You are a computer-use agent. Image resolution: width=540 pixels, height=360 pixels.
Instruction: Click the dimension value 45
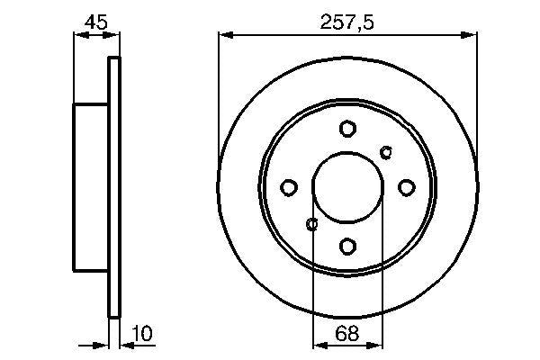pos(94,19)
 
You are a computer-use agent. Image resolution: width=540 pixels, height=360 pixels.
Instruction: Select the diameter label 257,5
pos(347,19)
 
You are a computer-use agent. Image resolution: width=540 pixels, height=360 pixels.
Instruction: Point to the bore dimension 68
pos(347,334)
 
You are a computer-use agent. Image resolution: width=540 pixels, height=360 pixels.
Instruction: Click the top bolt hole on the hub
pos(347,129)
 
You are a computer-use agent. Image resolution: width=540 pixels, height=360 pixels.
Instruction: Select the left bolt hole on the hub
pos(289,187)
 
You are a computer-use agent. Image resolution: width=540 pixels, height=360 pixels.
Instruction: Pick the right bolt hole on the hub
pos(406,187)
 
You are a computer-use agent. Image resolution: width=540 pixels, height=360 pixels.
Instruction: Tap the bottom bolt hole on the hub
pos(347,245)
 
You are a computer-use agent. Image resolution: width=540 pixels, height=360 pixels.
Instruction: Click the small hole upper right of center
pos(387,150)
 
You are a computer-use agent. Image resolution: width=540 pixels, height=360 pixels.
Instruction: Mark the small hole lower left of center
pos(312,224)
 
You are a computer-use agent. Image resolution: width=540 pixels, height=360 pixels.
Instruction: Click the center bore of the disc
pos(347,187)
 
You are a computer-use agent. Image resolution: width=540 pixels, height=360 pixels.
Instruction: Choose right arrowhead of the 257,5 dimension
pos(471,35)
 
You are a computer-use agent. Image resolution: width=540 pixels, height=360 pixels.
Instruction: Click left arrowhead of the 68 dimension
pos(318,344)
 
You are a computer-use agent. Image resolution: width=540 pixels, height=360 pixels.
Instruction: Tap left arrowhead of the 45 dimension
pos(78,35)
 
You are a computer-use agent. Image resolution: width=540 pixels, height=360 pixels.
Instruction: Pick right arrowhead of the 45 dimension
pos(113,35)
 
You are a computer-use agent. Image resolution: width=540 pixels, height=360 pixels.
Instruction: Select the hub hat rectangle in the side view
pos(91,187)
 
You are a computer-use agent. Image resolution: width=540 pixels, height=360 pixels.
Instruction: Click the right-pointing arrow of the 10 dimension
pos(103,344)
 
